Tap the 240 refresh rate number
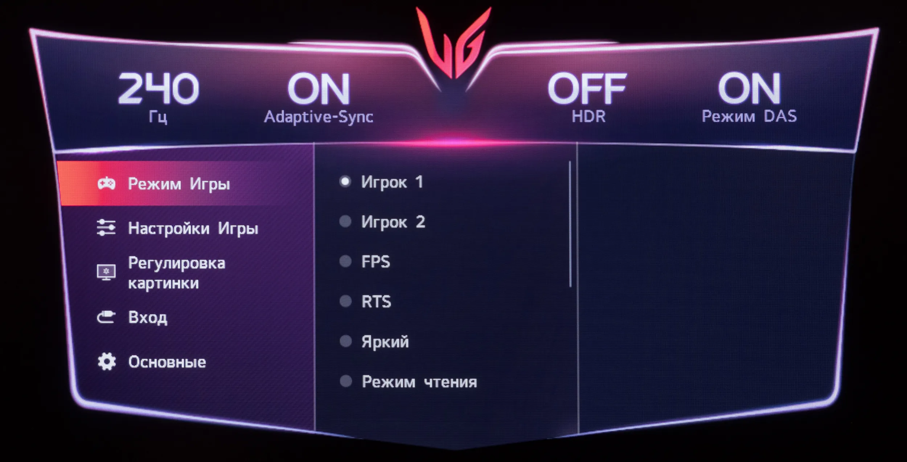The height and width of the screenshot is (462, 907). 159,88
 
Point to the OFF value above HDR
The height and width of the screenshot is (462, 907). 587,88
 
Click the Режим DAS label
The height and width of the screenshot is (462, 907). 749,116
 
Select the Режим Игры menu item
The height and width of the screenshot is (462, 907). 179,184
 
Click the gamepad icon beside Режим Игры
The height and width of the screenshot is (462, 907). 106,183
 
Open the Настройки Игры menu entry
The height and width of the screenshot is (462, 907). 193,229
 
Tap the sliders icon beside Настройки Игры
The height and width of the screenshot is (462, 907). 106,228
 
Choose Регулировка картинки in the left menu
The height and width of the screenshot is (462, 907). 177,273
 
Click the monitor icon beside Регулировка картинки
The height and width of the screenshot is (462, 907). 106,272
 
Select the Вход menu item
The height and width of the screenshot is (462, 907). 148,318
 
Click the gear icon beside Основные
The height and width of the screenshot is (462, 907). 107,362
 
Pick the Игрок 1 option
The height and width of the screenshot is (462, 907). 392,182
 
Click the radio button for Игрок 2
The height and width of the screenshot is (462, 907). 345,221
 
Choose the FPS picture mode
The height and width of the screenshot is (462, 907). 375,261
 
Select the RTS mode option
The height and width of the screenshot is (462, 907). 376,301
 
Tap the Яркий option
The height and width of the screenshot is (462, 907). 385,342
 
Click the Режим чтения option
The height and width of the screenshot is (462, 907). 419,381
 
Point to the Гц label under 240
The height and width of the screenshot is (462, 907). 158,117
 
